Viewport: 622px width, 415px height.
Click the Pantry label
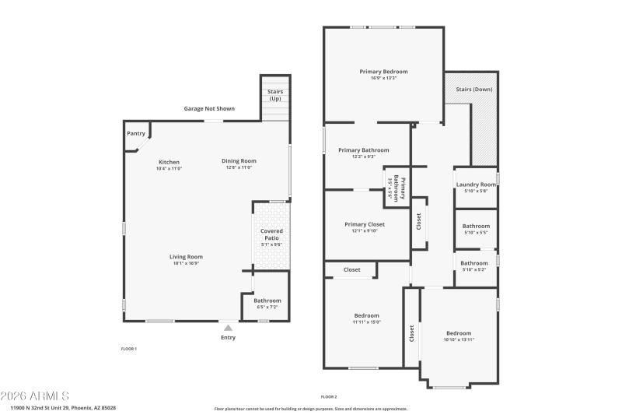[x=136, y=133]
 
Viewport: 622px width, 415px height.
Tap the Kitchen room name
[x=169, y=161]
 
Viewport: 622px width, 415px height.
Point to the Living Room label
[x=187, y=256]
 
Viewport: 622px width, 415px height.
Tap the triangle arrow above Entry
[x=228, y=329]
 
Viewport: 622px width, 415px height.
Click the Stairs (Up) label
[x=275, y=95]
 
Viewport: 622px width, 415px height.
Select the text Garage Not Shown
[x=209, y=108]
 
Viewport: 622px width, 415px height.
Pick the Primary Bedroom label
[x=383, y=71]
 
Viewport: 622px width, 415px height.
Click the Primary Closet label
[x=365, y=224]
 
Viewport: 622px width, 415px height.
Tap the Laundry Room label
[x=476, y=185]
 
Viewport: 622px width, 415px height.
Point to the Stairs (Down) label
[x=473, y=90]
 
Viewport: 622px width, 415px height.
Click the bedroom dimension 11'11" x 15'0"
[x=366, y=322]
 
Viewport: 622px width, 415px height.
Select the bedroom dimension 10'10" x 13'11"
[x=458, y=339]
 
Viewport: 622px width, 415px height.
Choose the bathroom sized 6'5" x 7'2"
[x=267, y=307]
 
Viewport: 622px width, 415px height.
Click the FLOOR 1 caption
[x=128, y=348]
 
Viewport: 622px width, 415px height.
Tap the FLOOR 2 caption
[x=329, y=396]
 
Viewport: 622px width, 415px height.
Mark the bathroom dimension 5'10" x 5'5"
[x=476, y=232]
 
